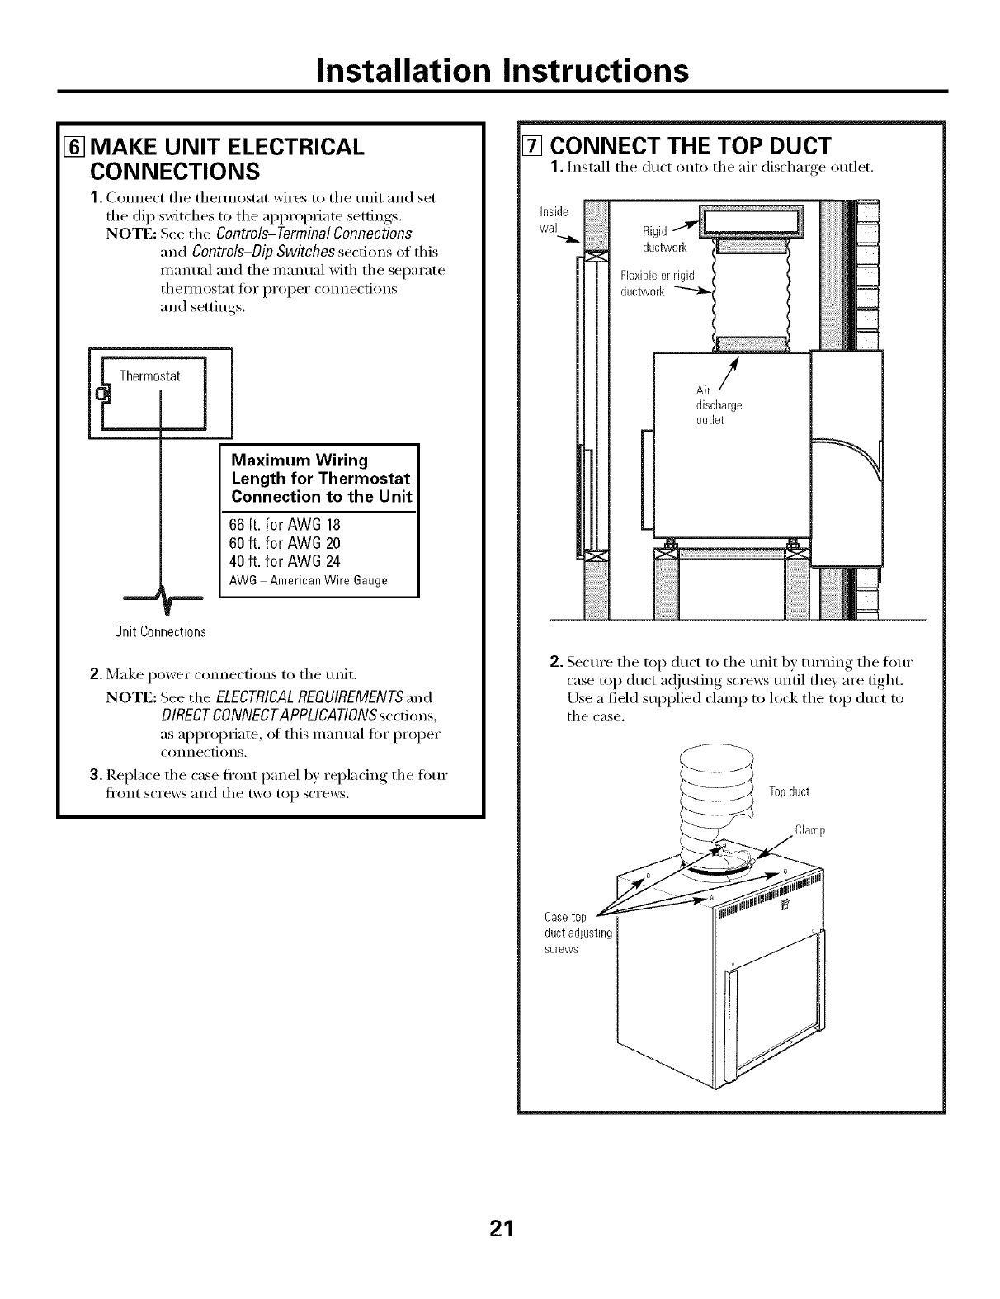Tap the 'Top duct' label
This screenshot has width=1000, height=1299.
(x=789, y=792)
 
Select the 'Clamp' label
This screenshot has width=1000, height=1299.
(x=809, y=830)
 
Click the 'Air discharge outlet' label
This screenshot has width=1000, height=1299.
(x=719, y=405)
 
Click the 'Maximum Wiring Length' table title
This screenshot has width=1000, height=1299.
(x=321, y=478)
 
